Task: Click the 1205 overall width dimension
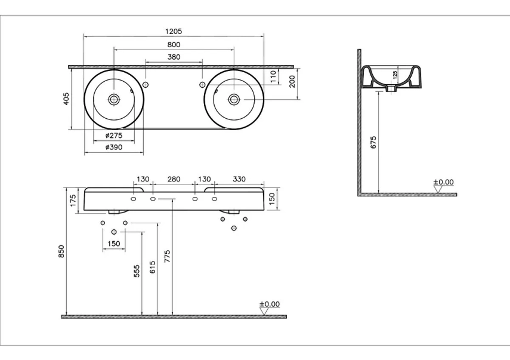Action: point(174,31)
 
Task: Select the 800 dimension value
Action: point(174,45)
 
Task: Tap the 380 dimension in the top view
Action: point(174,57)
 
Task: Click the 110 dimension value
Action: point(273,75)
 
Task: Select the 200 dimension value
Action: point(292,81)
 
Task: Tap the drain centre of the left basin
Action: point(113,99)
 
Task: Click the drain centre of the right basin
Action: point(234,99)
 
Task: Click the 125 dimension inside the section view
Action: point(394,75)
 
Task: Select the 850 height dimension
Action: point(61,252)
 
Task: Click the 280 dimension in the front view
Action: point(174,179)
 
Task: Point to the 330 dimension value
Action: point(239,179)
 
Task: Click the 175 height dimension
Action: point(73,198)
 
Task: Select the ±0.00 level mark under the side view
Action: point(443,182)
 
